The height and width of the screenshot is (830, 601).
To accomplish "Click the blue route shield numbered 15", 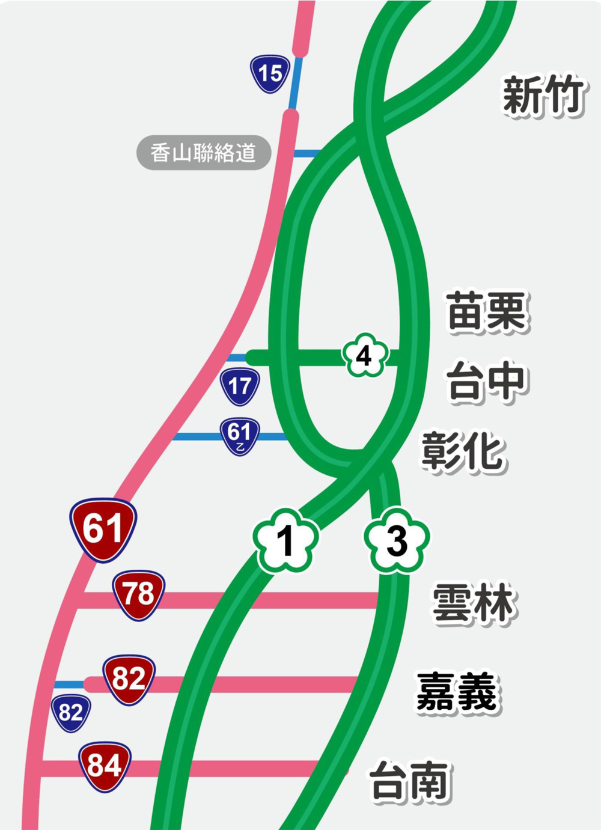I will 270,74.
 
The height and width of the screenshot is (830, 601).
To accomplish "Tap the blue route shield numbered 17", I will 240,386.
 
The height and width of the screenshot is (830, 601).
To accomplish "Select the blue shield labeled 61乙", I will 239,436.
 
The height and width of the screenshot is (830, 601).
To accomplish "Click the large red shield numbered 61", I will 103,529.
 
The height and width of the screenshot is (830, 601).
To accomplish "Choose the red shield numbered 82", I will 129,679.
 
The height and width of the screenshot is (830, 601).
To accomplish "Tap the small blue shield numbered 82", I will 71,713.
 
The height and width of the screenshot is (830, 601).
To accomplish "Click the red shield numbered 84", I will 105,766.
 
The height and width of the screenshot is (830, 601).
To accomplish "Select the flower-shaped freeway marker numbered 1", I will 285,540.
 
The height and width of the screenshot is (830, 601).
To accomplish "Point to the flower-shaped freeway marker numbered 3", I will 397,540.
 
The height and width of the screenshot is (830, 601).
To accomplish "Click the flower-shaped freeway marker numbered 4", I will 364,356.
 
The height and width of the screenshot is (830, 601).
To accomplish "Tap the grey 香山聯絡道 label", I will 203,153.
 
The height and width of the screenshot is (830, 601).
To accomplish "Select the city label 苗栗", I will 487,311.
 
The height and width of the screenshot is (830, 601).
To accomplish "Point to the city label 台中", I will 487,381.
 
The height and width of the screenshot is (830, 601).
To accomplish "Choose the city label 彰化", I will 462,451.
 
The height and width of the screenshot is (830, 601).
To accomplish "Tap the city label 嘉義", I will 457,692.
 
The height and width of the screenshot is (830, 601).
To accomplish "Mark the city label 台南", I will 410,781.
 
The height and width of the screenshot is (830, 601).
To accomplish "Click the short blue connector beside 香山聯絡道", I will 305,154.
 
